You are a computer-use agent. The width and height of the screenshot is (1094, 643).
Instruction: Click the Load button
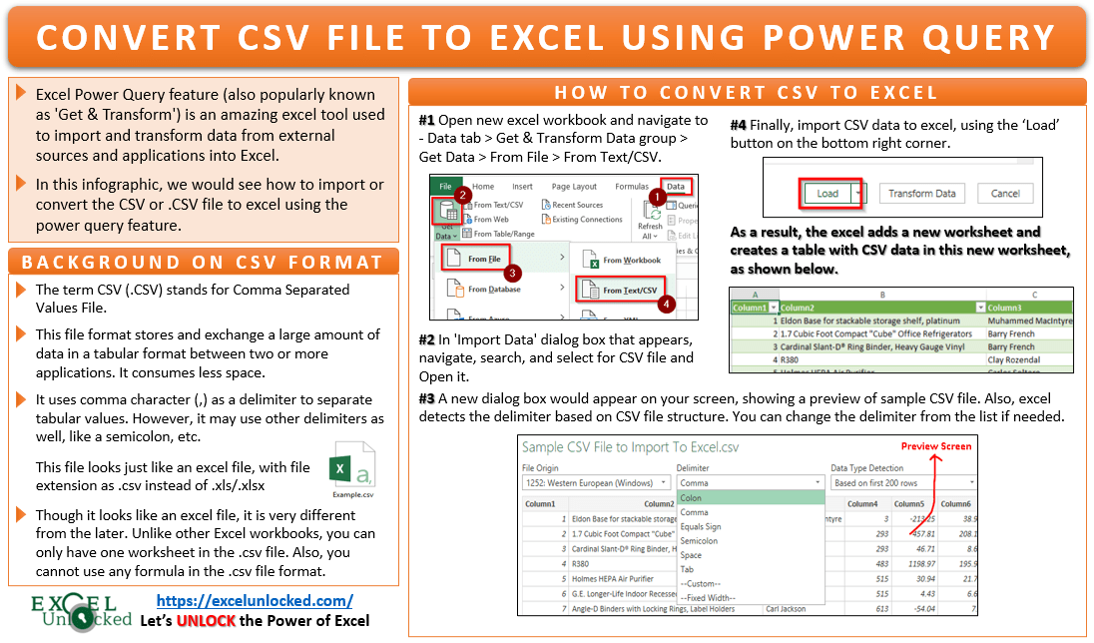click(827, 193)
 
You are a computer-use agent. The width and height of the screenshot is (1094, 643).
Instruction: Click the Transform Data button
click(922, 193)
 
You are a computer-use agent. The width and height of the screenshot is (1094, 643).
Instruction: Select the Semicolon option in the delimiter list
click(699, 541)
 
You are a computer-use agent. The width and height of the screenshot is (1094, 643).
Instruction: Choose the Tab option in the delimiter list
click(687, 569)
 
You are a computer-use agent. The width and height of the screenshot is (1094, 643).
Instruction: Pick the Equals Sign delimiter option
click(701, 527)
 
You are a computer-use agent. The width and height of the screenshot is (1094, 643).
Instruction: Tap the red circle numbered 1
click(656, 198)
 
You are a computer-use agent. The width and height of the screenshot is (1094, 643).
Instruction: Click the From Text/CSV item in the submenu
click(629, 291)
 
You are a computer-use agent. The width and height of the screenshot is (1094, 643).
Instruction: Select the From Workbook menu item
click(631, 260)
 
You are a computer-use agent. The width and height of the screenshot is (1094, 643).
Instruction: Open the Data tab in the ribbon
click(676, 186)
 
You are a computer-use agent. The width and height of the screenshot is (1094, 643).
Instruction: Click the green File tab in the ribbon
click(445, 186)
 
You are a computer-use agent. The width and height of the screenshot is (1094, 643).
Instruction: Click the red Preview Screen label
click(935, 446)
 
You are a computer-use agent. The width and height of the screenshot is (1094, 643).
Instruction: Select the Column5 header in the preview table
click(908, 504)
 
